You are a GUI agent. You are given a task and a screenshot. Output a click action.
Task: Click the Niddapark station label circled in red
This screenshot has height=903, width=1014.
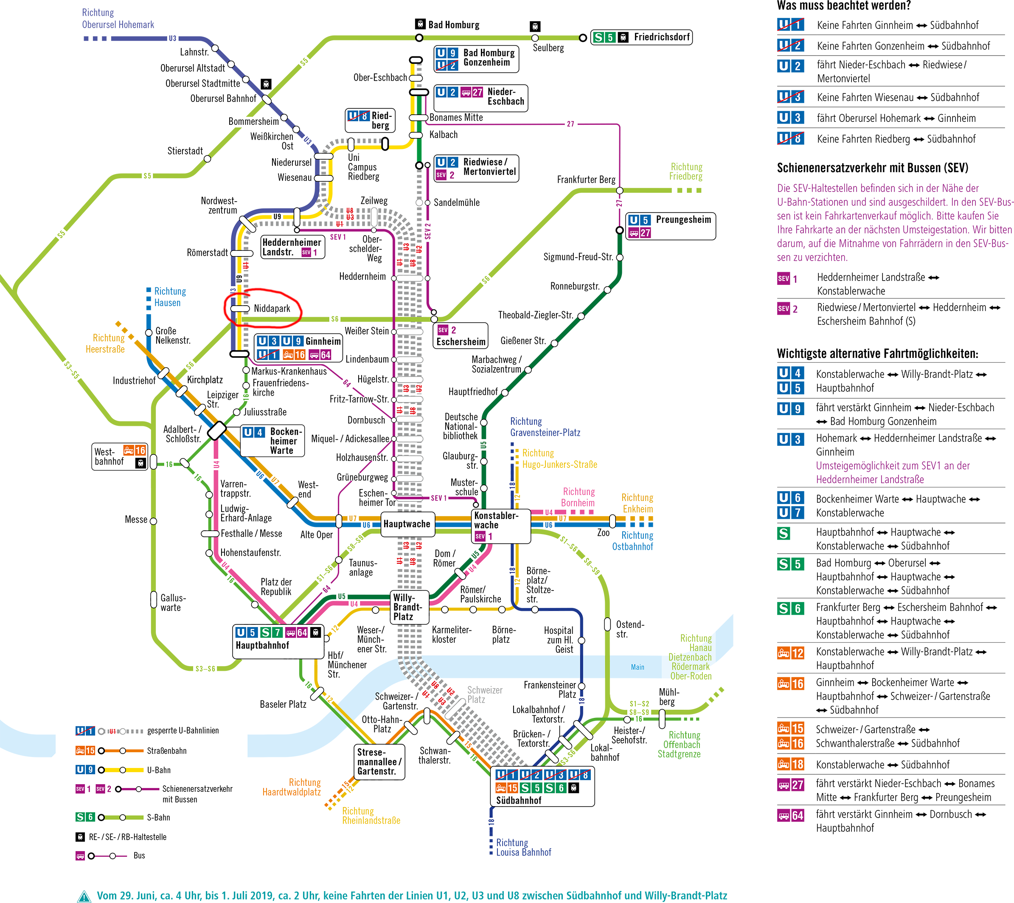(272, 309)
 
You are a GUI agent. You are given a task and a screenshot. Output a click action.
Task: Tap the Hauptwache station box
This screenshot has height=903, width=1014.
(407, 524)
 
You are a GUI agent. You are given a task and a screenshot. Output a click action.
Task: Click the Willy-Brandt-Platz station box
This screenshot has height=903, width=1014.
(408, 607)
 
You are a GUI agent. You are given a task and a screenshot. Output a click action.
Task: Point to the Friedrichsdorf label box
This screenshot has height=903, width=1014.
(641, 37)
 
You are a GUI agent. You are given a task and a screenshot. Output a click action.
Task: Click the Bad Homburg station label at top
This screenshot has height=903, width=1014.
(453, 25)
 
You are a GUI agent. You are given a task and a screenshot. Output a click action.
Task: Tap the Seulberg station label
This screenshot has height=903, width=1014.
(548, 48)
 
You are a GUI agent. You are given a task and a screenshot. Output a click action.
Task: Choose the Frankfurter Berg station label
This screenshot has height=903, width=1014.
(586, 180)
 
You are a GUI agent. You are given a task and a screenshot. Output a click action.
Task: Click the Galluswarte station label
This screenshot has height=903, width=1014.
(172, 603)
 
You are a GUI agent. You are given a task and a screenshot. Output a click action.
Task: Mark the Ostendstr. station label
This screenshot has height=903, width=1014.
(629, 629)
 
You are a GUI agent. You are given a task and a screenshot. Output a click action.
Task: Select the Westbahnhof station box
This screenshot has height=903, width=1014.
(120, 456)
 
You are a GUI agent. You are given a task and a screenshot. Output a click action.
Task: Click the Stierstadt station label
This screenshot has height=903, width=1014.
(185, 151)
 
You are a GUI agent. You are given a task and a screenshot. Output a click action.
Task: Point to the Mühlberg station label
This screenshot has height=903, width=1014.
(669, 697)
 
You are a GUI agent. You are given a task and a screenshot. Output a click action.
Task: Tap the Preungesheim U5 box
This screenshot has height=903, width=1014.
(670, 226)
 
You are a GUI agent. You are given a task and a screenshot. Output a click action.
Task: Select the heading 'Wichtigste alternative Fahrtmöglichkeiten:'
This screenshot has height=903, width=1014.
(877, 354)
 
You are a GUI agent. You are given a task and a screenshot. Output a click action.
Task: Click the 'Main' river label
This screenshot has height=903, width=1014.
(638, 667)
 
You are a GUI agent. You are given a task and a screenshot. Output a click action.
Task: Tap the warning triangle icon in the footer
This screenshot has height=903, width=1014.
(84, 896)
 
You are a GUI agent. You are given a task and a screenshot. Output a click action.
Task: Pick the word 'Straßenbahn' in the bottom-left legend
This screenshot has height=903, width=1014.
(167, 751)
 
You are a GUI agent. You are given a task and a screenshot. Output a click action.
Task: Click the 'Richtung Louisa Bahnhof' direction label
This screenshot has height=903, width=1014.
(523, 847)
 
